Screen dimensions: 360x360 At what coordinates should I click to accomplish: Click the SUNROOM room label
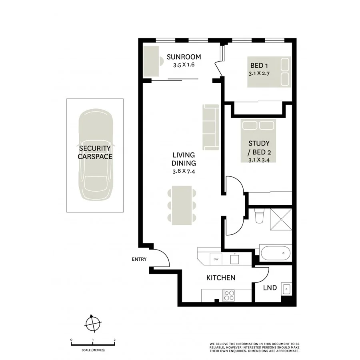(x=184, y=57)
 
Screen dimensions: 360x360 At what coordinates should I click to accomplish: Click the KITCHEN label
(x=221, y=278)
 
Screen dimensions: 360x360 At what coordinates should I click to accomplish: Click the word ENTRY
(x=139, y=259)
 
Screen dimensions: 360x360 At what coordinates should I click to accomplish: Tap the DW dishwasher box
(x=216, y=259)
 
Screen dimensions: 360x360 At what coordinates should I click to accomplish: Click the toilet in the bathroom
(x=259, y=216)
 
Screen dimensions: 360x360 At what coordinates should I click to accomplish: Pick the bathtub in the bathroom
(x=275, y=253)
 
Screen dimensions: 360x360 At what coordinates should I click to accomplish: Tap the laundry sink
(x=286, y=288)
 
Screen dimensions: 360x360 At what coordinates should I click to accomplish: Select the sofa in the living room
(x=211, y=127)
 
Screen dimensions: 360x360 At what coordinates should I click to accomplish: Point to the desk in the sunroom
(x=151, y=61)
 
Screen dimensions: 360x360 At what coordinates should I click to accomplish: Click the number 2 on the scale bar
(x=115, y=340)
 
